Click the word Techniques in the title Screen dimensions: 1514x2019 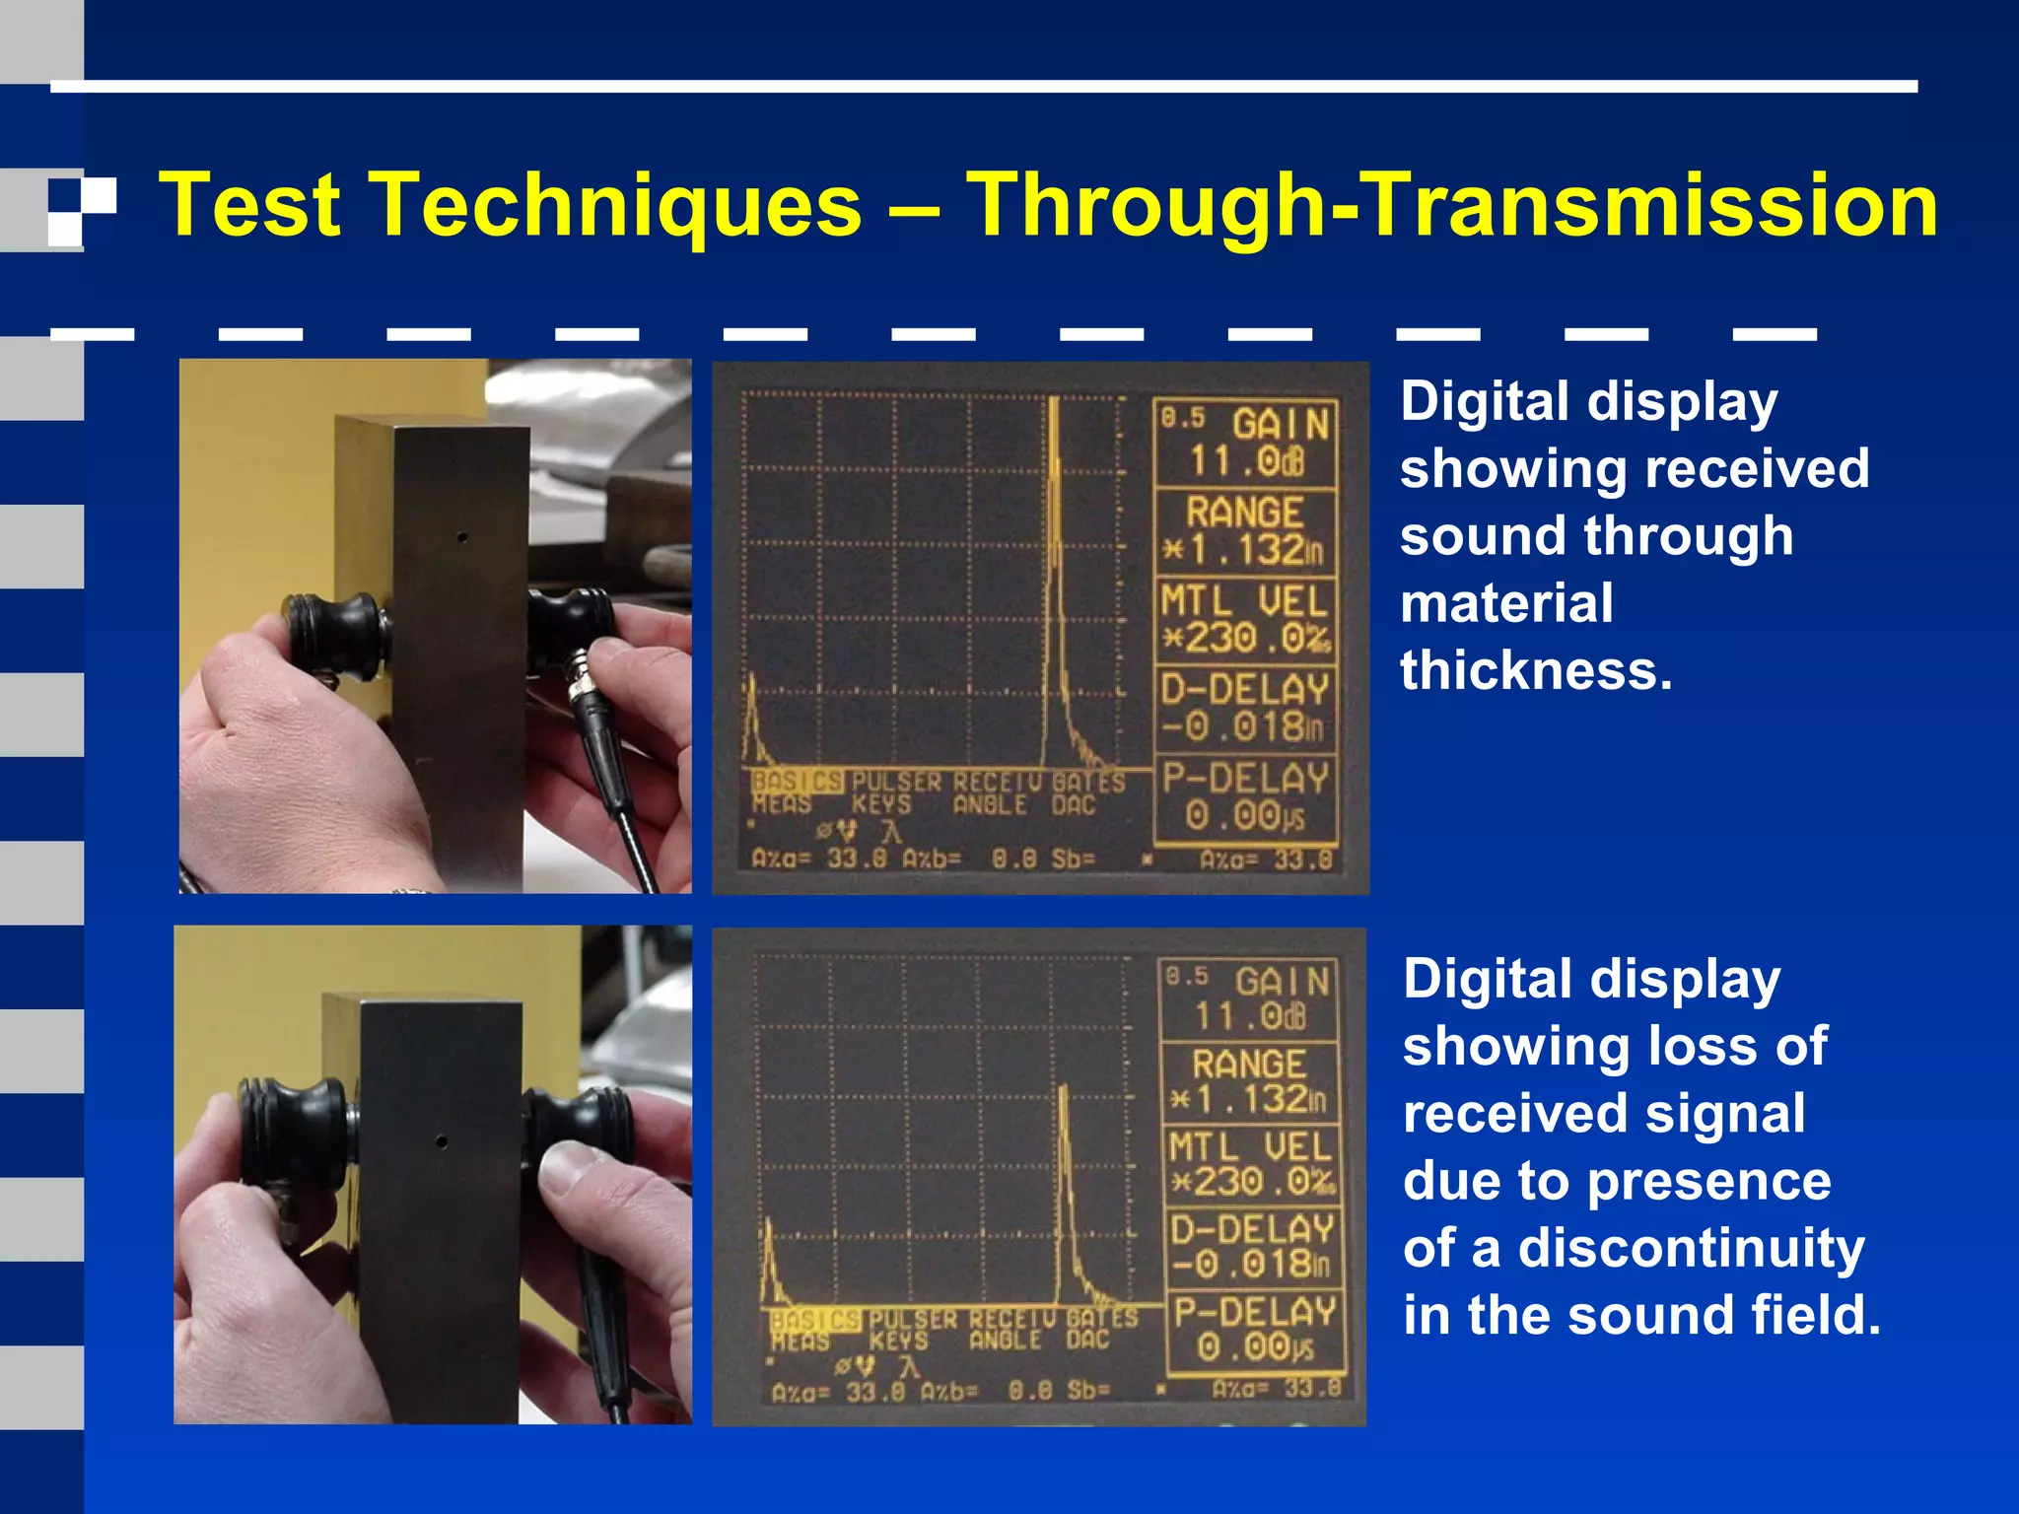[637, 205]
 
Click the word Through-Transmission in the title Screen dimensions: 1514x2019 [1451, 205]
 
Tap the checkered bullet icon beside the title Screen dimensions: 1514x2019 [82, 210]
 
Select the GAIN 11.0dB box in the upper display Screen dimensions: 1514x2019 [1246, 443]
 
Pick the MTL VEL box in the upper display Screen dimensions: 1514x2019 [1246, 620]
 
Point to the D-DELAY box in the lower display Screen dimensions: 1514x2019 [1252, 1247]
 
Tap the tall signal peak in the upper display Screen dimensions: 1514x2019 [1054, 552]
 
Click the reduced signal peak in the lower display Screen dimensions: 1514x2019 [1064, 1183]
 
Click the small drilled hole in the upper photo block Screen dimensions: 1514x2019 [461, 538]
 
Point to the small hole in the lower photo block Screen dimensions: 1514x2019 [442, 1142]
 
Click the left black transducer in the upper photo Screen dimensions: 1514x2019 [335, 636]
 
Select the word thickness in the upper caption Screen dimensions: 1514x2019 [1536, 671]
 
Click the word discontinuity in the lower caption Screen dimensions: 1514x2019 [1691, 1248]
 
